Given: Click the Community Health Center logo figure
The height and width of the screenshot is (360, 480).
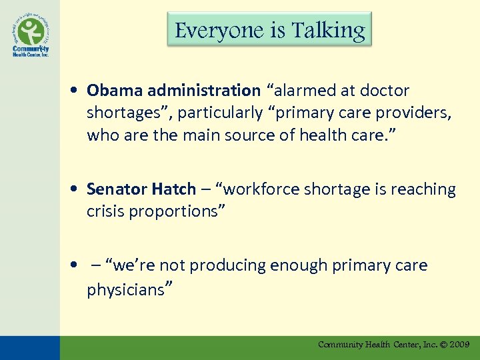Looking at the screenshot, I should point(31,31).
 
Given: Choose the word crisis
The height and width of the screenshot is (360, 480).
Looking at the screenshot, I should point(103,212).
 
